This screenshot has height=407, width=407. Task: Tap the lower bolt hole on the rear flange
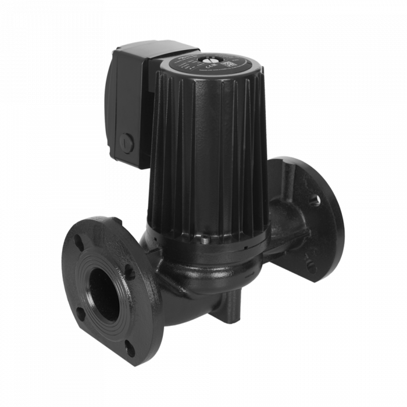coord(312,269)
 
